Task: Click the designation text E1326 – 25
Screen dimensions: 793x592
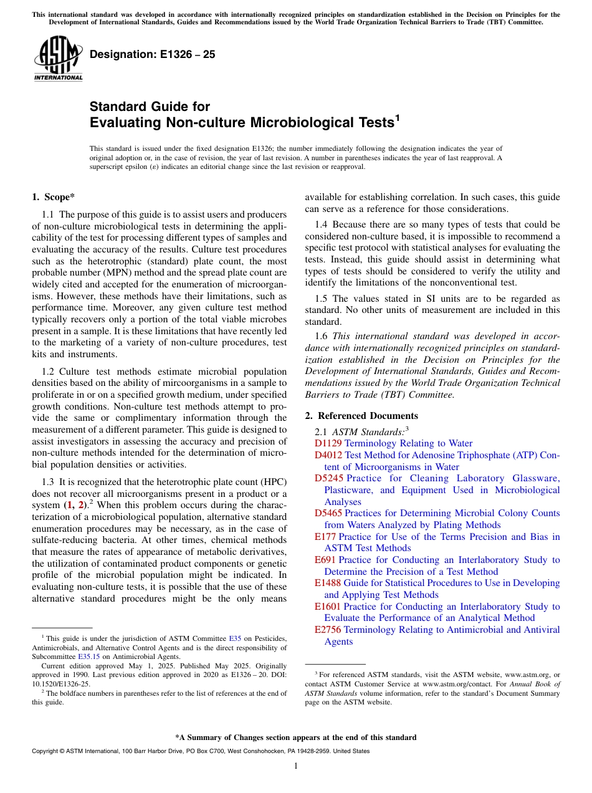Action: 153,55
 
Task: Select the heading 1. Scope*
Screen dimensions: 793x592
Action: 53,198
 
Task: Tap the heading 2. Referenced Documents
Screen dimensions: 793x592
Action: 361,416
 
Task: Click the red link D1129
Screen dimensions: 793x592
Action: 328,443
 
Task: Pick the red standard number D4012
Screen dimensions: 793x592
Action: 328,455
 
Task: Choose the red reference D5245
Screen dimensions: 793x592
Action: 328,478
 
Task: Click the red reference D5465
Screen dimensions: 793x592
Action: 328,513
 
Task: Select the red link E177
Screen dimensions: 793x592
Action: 325,537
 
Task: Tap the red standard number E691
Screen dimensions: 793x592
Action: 325,560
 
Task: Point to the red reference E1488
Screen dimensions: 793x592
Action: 328,583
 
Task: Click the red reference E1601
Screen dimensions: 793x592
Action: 328,607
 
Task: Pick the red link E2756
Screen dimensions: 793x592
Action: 328,630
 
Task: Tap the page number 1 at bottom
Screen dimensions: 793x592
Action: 296,766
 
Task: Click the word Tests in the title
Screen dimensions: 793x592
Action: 375,122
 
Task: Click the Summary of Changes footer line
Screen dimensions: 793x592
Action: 296,738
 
